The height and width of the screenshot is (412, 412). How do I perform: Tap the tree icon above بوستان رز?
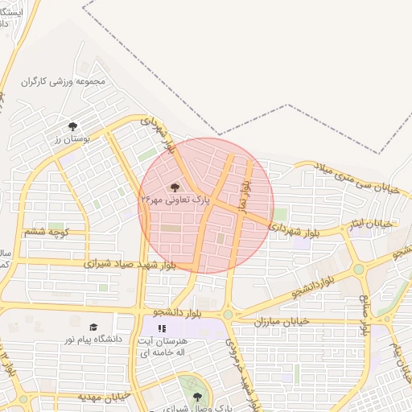click(73, 126)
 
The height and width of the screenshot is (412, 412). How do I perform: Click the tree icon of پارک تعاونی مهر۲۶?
click(175, 187)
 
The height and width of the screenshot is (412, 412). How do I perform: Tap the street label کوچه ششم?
click(44, 232)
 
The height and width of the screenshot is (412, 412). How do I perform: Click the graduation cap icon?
click(93, 328)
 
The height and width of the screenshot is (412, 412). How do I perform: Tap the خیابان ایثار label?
click(371, 223)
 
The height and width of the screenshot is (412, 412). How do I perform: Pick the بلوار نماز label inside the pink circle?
click(244, 190)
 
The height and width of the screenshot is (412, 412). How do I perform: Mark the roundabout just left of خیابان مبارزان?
click(228, 315)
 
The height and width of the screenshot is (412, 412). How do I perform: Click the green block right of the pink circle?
click(280, 214)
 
